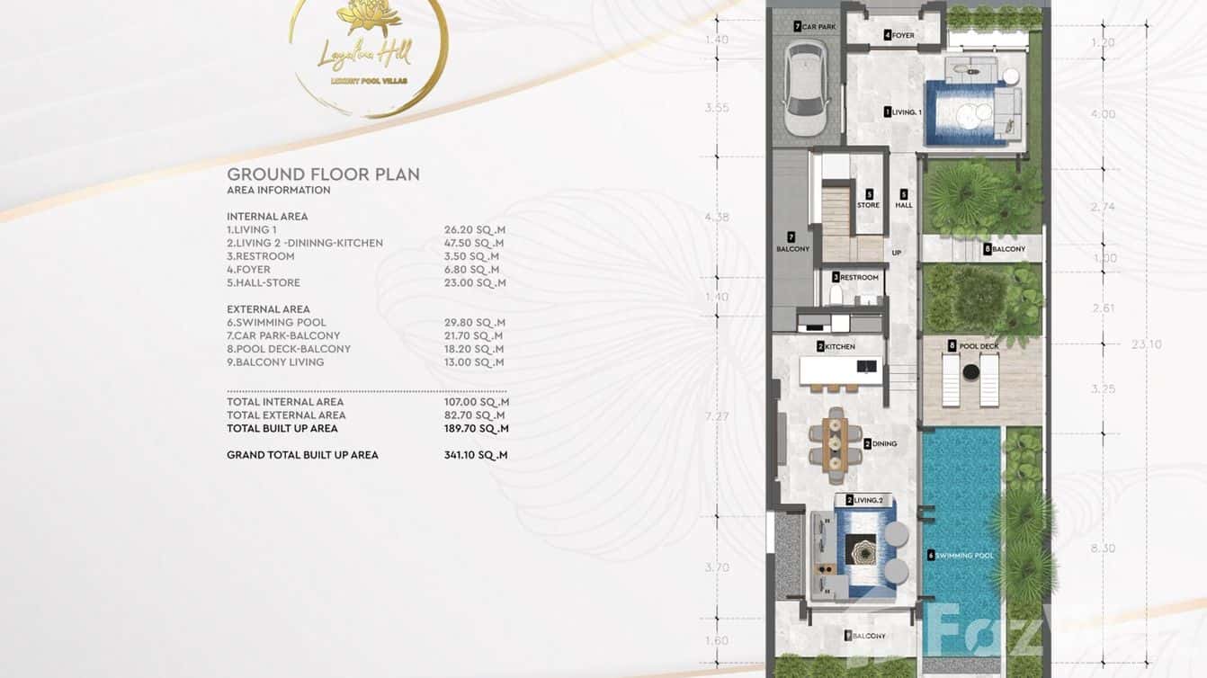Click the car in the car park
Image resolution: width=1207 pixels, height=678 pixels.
[806, 87]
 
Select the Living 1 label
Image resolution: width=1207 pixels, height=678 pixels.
[903, 112]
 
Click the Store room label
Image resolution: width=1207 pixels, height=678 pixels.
[868, 199]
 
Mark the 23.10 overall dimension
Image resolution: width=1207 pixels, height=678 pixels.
[1147, 343]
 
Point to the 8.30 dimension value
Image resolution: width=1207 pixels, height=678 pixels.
[1103, 549]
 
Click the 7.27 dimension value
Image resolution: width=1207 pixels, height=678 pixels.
[717, 416]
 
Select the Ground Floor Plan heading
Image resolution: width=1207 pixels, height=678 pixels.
[323, 174]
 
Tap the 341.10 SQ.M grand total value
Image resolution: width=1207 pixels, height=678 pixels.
[475, 455]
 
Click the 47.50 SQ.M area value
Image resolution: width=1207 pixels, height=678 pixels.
[474, 243]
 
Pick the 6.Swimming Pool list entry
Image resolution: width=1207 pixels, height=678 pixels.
[276, 323]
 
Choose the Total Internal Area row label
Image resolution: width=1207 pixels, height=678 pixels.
[285, 402]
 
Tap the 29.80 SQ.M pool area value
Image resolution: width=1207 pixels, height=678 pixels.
[474, 323]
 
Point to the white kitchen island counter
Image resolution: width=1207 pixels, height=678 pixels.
[840, 369]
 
